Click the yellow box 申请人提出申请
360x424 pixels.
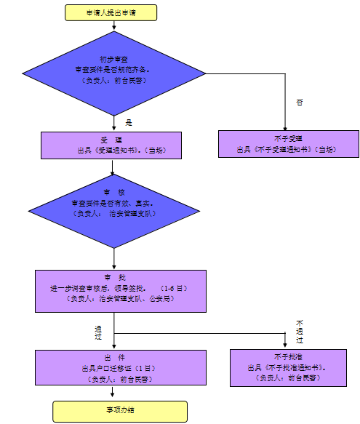pyautogui.click(x=111, y=12)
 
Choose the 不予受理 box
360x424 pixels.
pyautogui.click(x=289, y=144)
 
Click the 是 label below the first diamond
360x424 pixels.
pyautogui.click(x=129, y=122)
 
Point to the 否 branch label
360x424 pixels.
pyautogui.click(x=299, y=103)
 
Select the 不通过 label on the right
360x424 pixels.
pyautogui.click(x=299, y=331)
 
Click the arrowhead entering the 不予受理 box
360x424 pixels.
pyautogui.click(x=284, y=127)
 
